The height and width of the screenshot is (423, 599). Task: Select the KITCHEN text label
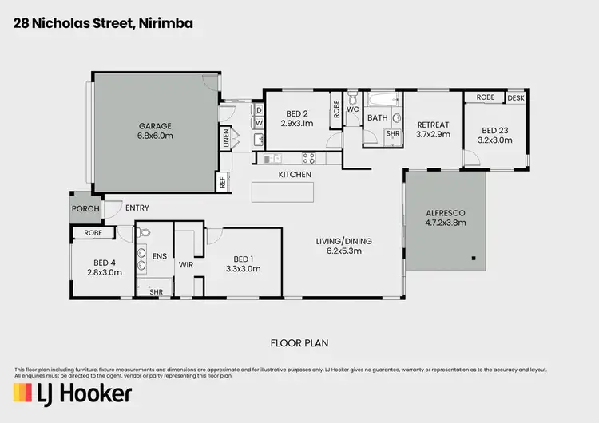(x=294, y=174)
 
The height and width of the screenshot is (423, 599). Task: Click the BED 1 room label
(x=244, y=263)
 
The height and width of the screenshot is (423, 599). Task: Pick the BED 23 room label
(x=494, y=135)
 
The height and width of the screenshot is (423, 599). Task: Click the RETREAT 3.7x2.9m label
(x=433, y=129)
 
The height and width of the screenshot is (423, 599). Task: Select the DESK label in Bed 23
(x=516, y=97)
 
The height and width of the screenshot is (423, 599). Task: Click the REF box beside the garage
(x=222, y=182)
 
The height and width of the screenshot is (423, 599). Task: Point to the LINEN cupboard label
(x=226, y=137)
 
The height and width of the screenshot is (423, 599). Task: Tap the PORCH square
(x=85, y=208)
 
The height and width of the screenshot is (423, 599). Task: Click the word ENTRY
(x=137, y=208)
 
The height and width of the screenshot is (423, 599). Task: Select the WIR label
(x=186, y=264)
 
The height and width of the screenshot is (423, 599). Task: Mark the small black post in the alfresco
(x=473, y=258)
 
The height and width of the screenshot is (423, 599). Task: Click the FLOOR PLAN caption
(x=299, y=343)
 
